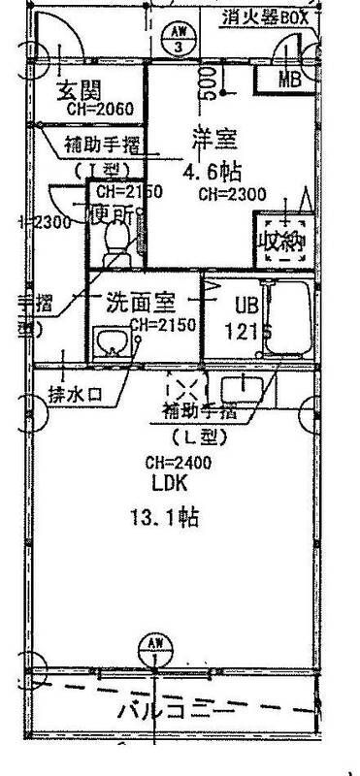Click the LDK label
pyautogui.click(x=168, y=483)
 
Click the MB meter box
pyautogui.click(x=289, y=80)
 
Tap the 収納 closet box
pyautogui.click(x=281, y=237)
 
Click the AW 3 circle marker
pyautogui.click(x=178, y=40)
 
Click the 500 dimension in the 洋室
pyautogui.click(x=207, y=85)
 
